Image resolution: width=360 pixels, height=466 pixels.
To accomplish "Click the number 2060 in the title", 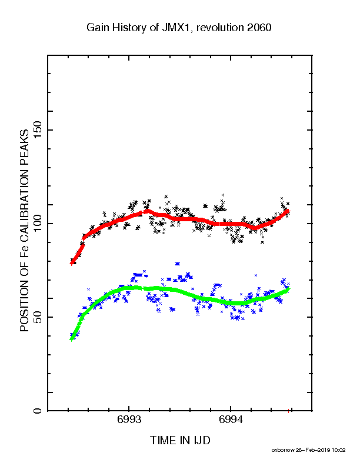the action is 259,28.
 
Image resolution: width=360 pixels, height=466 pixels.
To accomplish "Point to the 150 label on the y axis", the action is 38,130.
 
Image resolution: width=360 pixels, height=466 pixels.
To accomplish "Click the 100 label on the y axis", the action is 38,224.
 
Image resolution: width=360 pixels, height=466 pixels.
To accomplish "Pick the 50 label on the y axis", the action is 38,317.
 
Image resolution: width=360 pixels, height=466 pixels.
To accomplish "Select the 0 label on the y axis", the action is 38,411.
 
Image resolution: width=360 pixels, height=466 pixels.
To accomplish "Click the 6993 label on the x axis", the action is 129,420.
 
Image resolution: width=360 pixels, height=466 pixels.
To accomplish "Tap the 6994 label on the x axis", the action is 231,420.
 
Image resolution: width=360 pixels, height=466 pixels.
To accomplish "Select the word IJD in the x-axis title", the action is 202,440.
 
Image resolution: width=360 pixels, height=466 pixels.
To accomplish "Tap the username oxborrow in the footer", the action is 282,450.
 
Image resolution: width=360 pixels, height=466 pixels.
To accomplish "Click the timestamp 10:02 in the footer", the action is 339,450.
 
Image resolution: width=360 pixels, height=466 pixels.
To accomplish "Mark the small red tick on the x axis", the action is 288,411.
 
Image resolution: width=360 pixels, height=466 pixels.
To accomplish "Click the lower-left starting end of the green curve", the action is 71,339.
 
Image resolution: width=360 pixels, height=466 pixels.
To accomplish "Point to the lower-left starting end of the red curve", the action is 71,264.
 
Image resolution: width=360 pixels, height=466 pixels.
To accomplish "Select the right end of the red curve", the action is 288,211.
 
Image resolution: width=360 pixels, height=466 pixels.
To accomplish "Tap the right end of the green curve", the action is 288,289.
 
